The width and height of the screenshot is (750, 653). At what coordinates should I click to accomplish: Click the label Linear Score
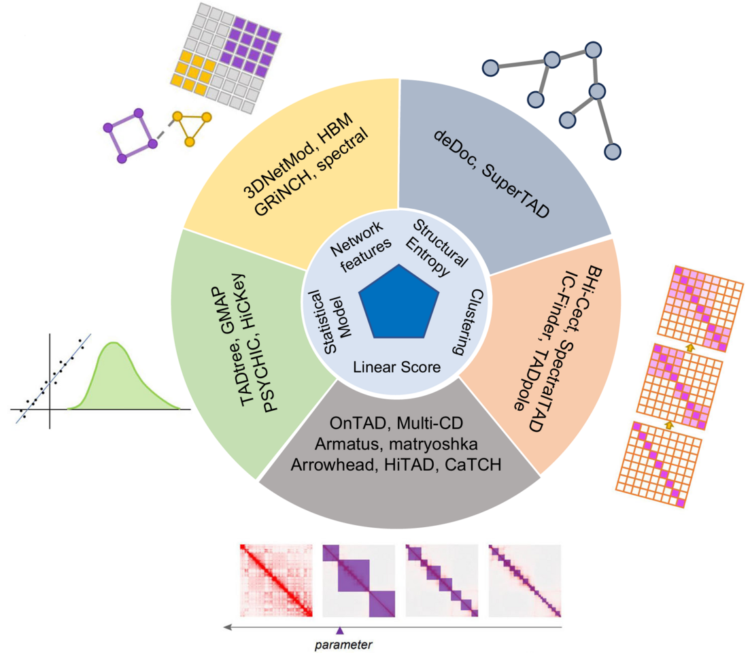click(x=397, y=367)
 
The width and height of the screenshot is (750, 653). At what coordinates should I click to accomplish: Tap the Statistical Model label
click(x=326, y=319)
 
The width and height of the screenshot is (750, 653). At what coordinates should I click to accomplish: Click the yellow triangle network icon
click(x=192, y=127)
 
